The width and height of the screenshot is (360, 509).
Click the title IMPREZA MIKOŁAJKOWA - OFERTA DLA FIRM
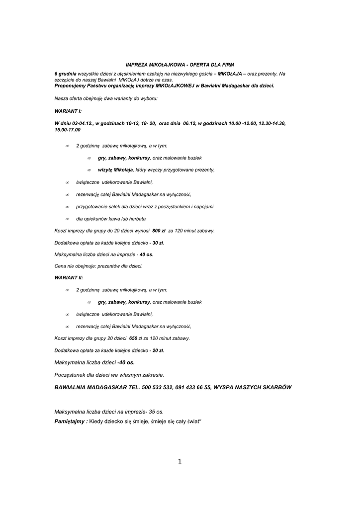click(180, 65)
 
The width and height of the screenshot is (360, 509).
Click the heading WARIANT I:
click(68, 111)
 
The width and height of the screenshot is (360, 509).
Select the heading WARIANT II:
click(69, 277)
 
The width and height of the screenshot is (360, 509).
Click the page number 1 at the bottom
click(180, 461)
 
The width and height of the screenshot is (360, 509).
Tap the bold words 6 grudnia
click(65, 74)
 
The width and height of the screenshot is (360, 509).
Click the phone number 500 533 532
click(157, 387)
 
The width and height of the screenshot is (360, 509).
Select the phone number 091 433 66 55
click(193, 387)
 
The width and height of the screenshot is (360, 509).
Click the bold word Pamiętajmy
click(70, 421)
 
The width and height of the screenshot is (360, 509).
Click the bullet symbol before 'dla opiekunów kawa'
click(67, 219)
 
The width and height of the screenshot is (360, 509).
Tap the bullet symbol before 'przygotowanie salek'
click(67, 206)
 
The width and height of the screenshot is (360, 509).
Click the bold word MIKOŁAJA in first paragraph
click(230, 74)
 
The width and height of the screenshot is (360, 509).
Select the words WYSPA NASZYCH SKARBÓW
click(253, 387)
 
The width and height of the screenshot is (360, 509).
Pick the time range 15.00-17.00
click(67, 129)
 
